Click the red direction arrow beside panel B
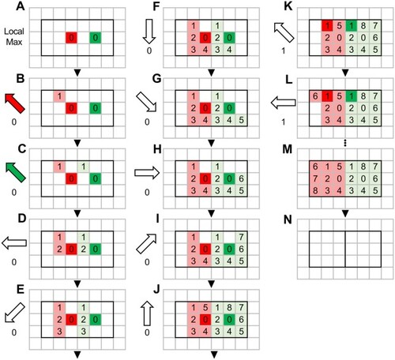click(x=15, y=103)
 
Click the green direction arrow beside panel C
click(x=16, y=172)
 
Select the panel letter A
click(x=21, y=6)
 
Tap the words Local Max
click(x=14, y=36)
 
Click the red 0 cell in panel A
click(x=71, y=38)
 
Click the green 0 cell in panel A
click(x=96, y=38)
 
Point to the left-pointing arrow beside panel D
click(x=14, y=243)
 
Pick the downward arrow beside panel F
click(x=149, y=32)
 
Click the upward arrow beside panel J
click(x=147, y=313)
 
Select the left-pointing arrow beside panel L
click(x=283, y=103)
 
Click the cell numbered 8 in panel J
click(x=229, y=308)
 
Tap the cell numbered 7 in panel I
click(x=241, y=237)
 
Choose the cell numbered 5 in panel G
click(x=241, y=120)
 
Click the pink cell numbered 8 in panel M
click(x=315, y=190)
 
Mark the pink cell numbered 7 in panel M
click(x=315, y=178)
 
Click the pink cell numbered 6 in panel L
click(x=315, y=96)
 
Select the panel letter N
click(x=288, y=219)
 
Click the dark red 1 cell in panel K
click(x=327, y=26)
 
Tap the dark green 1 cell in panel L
click(x=351, y=96)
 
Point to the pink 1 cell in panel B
click(x=59, y=96)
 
